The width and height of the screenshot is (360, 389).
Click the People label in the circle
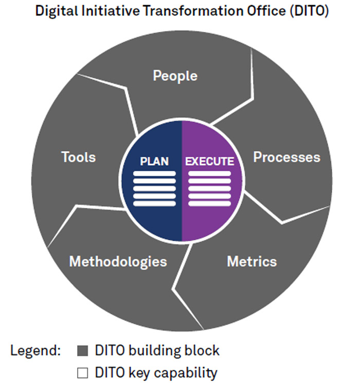coord(175,76)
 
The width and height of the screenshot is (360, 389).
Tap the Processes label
coord(286,157)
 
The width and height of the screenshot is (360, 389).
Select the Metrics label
coord(251,261)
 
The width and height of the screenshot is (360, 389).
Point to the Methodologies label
coord(118,261)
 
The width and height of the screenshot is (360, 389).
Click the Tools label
coord(79,157)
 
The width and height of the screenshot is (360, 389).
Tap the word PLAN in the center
coord(154,161)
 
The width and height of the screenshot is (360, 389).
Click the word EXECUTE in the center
coord(209,161)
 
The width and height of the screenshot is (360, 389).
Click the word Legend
coord(35,351)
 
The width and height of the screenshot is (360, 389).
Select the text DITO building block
coord(157,351)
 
